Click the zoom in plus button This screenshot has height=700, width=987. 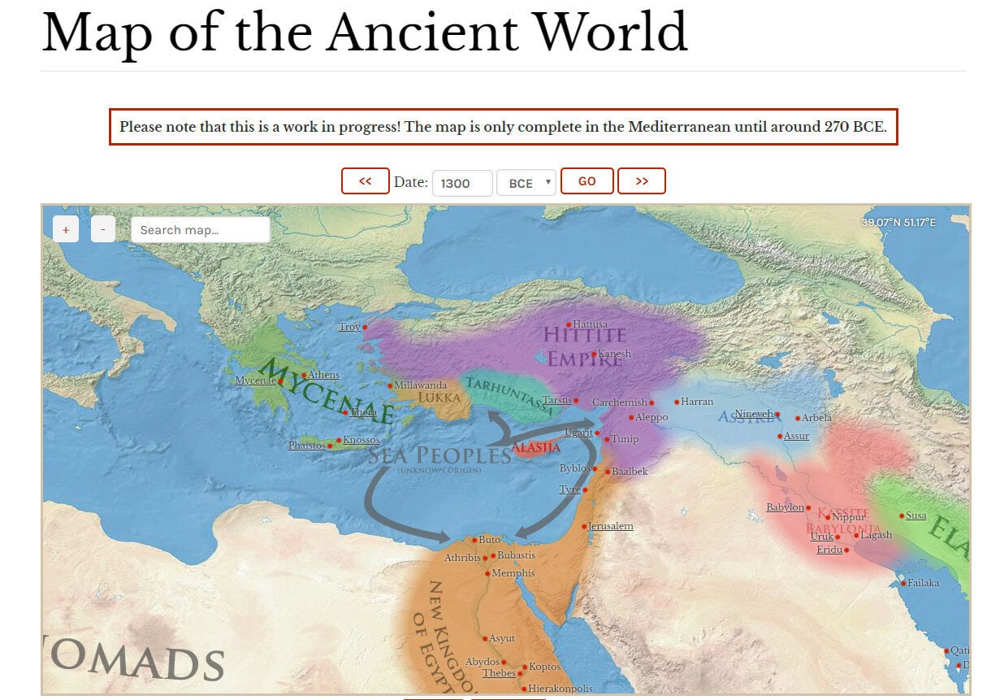66,229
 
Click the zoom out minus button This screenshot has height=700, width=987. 103,229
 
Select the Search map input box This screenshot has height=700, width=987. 200,230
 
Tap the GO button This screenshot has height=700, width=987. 587,181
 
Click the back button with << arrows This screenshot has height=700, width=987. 365,181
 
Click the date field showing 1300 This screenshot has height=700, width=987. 461,183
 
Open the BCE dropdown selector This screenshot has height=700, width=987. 526,183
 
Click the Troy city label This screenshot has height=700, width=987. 348,327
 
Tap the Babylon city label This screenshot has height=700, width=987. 785,507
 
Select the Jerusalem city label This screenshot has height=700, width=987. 611,526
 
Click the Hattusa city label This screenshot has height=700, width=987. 590,324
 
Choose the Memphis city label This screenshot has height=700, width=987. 513,573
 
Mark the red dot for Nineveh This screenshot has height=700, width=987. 777,415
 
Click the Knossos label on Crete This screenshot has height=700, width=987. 361,440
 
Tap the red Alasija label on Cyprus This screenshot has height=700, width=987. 535,448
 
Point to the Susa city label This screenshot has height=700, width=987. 916,515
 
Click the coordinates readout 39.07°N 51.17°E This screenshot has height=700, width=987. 898,222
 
